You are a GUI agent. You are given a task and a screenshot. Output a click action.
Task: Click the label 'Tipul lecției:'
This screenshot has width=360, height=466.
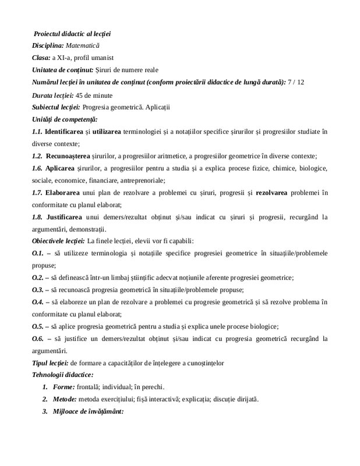(49, 363)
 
